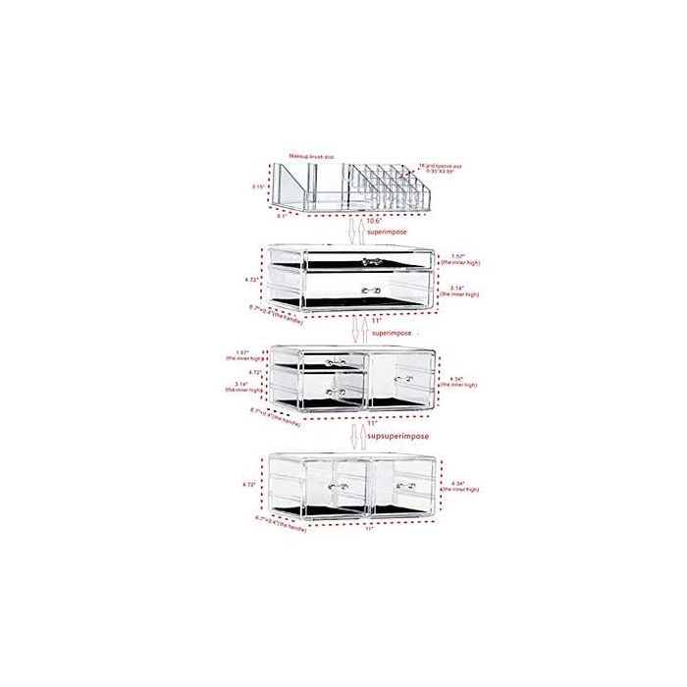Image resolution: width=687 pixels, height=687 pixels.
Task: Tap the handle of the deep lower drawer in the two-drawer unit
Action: [369, 290]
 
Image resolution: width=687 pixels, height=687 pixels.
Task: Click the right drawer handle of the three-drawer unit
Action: [400, 377]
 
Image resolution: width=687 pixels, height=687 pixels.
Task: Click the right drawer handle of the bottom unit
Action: [400, 484]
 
